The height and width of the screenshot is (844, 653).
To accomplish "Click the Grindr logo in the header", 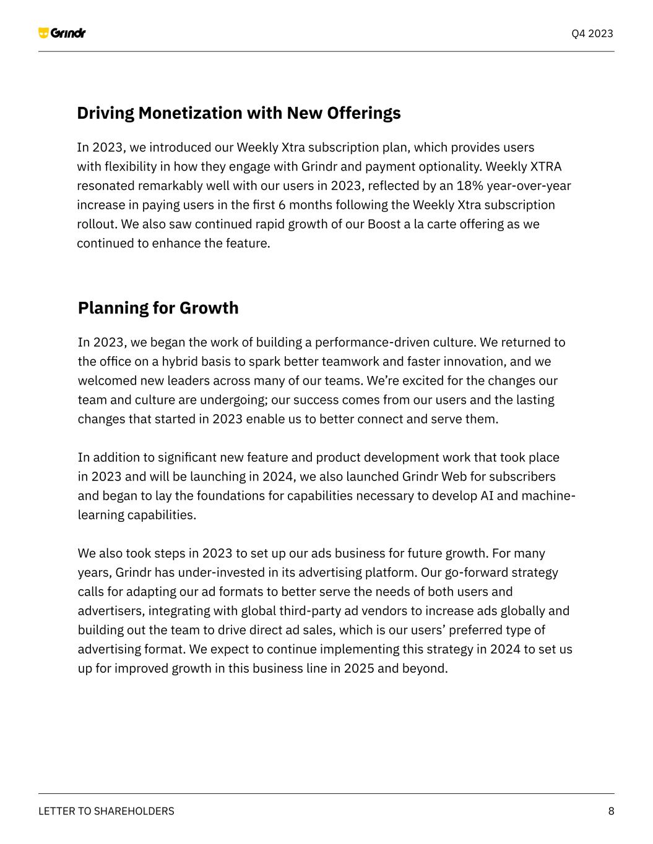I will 62,33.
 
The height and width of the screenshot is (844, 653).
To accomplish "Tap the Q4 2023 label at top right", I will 592,33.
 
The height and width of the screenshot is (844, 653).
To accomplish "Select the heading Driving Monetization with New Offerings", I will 239,113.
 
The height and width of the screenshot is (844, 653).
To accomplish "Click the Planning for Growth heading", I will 158,308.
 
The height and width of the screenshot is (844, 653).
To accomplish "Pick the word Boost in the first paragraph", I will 384,224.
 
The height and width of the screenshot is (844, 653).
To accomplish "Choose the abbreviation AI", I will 487,496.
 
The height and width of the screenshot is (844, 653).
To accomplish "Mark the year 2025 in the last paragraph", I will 358,668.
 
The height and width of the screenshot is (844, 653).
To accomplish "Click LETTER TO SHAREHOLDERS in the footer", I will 106,811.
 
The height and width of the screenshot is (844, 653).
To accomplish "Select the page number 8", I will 611,811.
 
